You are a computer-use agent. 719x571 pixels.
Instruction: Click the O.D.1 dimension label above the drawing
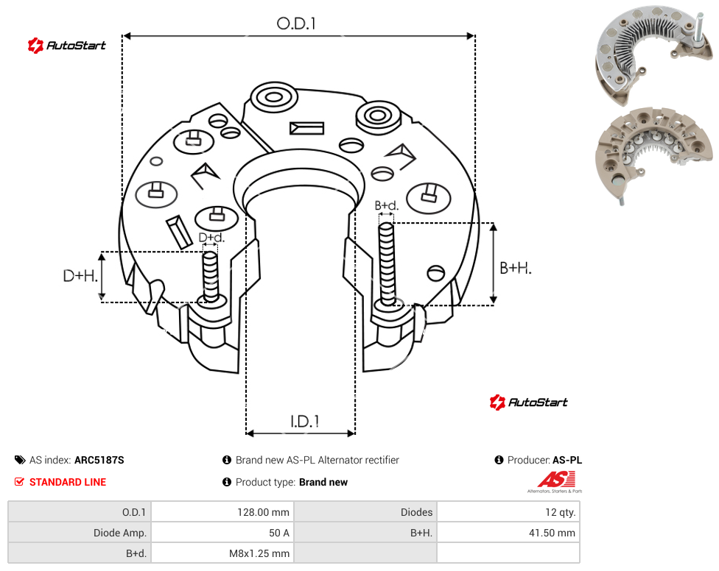click(x=296, y=24)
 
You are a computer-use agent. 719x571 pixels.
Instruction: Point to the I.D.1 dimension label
click(x=304, y=422)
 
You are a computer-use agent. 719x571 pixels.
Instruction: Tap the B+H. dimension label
click(x=516, y=268)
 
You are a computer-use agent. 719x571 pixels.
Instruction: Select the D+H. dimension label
click(x=80, y=276)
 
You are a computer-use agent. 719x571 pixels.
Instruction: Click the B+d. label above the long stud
click(x=387, y=205)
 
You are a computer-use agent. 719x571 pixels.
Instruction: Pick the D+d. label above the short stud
click(x=211, y=238)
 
